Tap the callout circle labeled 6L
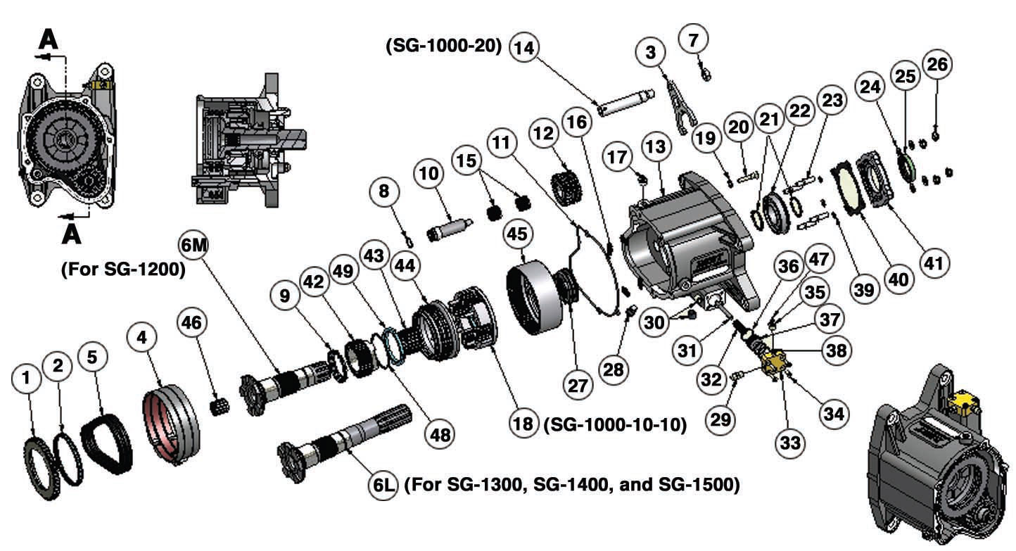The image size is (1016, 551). point(385,485)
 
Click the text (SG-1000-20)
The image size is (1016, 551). point(443,46)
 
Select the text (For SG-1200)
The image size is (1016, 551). point(124,270)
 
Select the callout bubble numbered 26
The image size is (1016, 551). point(936,64)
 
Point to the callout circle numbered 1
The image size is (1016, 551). point(27,379)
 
